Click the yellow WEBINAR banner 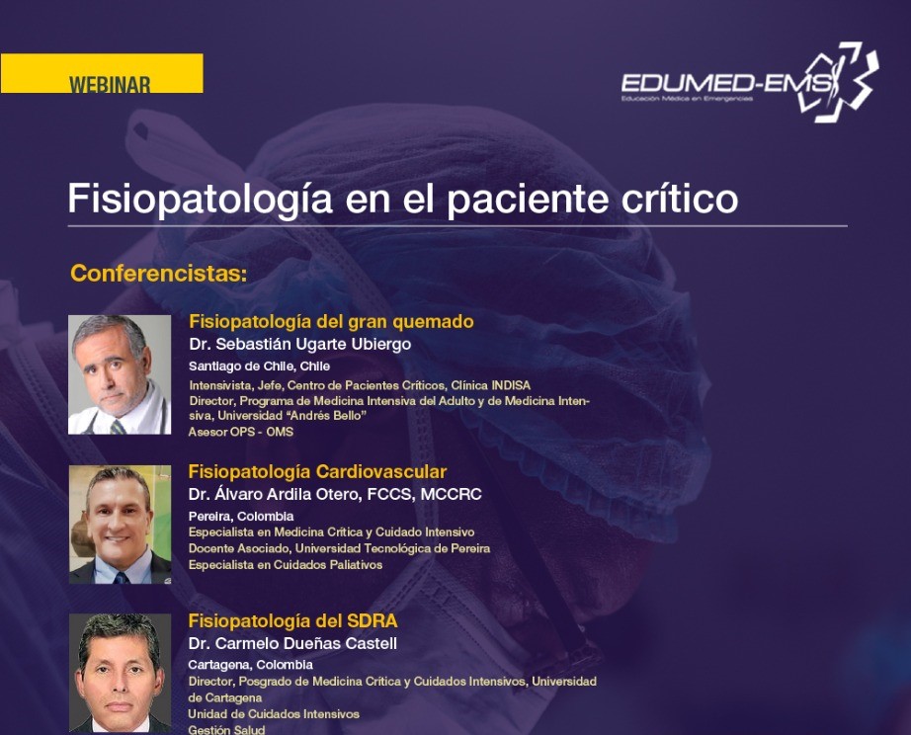tap(102, 73)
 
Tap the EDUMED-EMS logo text tap(726, 84)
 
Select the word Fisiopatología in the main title tap(201, 200)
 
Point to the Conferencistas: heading tap(159, 273)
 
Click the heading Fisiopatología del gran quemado tap(331, 321)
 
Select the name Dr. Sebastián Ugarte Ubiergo tap(299, 345)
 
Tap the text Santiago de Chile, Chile tap(259, 367)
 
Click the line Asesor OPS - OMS tap(240, 432)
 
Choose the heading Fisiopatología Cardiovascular tap(317, 472)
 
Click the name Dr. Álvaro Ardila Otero tap(273, 495)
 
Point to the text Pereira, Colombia tap(240, 516)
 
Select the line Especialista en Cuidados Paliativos tap(286, 565)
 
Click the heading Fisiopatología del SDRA tap(292, 621)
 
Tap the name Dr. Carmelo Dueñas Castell tap(292, 644)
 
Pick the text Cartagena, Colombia tap(250, 665)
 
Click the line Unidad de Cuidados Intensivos tap(274, 714)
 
